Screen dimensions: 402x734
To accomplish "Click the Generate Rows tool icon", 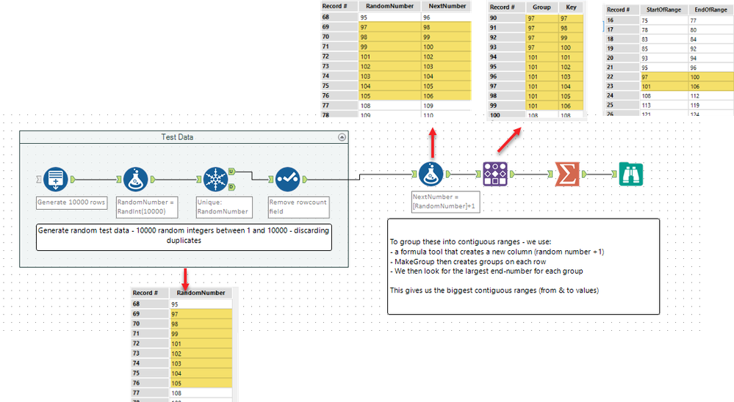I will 56,178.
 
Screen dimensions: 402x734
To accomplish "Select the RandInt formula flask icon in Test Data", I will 133,178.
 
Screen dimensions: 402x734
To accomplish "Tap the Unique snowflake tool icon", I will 214,178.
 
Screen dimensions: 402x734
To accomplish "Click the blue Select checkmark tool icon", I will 287,178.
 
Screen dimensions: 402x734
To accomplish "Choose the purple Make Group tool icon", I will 494,175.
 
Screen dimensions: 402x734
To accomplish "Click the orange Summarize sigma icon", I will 566,175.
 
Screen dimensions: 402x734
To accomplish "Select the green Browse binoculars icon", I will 631,175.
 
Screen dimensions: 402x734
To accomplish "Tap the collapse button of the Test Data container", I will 341,137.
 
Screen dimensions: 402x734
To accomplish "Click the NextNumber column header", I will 446,6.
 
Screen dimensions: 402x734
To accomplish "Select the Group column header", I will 541,7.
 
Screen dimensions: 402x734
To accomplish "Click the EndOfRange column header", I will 705,10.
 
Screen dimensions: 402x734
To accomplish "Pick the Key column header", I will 570,7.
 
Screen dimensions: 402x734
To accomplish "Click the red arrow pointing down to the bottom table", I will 185,277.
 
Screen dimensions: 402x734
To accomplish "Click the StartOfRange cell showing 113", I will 647,103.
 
